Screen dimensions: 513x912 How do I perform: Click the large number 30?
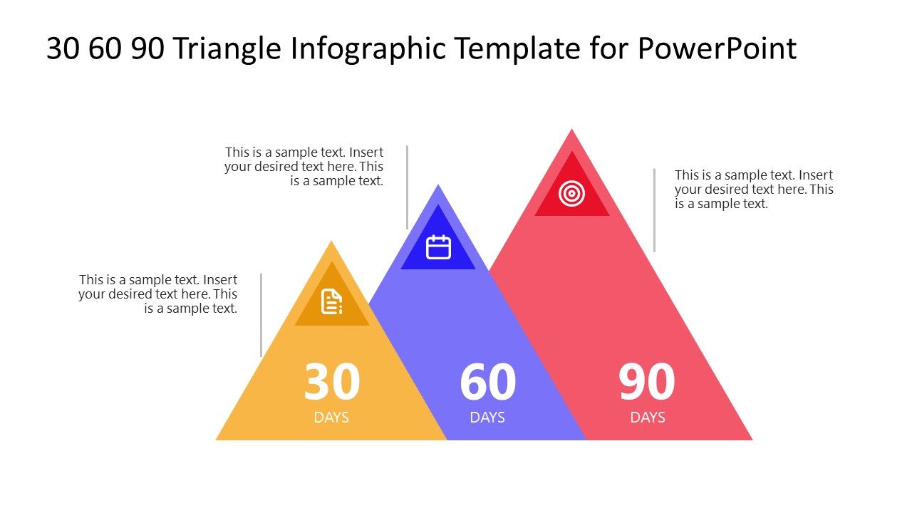[331, 383]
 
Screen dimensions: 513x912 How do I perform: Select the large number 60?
[487, 383]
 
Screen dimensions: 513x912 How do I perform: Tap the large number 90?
[646, 383]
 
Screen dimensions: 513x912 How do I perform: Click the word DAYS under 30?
[331, 418]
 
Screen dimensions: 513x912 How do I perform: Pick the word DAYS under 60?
[487, 418]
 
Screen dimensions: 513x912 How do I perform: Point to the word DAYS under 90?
[647, 418]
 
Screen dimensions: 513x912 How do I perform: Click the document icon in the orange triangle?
[331, 301]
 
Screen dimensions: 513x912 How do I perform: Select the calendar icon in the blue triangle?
[438, 247]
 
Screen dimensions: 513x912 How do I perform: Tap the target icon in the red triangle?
[571, 193]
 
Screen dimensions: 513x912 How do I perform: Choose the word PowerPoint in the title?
[717, 49]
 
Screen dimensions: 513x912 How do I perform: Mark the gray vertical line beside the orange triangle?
[261, 314]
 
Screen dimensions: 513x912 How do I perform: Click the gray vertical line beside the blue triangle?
[407, 187]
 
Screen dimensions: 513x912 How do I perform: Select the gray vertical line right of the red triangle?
[654, 210]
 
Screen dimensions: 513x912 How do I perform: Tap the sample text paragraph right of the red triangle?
[753, 190]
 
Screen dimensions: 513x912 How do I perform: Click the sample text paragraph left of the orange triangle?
[158, 294]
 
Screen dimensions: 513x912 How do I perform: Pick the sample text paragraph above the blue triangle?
[304, 167]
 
